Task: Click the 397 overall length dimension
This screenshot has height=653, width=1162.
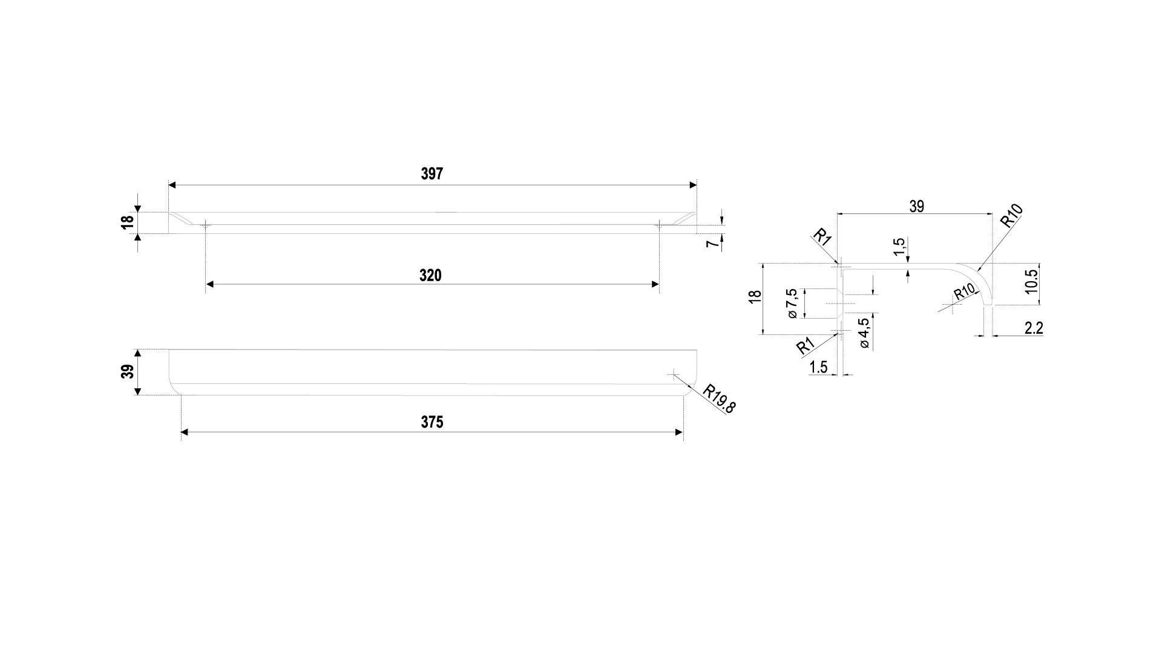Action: (432, 174)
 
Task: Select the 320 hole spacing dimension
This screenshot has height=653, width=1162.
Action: (430, 276)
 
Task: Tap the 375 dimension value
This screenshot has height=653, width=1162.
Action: (432, 423)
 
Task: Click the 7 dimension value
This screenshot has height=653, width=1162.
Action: (714, 243)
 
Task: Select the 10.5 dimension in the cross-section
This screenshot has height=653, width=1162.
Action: (1032, 282)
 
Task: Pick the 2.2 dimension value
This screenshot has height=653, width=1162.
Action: (1034, 328)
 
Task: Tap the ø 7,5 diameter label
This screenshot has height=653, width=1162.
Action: (792, 304)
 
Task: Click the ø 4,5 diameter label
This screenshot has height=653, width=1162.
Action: (864, 333)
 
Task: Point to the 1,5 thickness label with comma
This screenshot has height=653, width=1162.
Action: (899, 247)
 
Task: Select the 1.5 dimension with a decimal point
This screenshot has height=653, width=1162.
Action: (818, 367)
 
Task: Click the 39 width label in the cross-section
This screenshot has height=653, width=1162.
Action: (917, 207)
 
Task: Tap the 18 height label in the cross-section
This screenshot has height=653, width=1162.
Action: (755, 297)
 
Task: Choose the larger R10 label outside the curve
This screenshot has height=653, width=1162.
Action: (1012, 216)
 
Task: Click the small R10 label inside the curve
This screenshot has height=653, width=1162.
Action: (965, 292)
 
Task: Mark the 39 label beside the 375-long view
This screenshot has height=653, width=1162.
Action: (128, 372)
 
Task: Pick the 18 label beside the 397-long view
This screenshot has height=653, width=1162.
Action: (126, 223)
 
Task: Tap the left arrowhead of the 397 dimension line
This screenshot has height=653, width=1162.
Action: (172, 185)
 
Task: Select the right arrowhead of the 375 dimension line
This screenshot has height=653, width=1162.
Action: (679, 432)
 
